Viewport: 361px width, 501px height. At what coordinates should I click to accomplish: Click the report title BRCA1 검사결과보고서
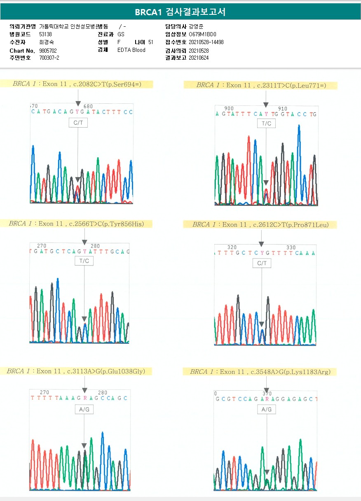[180, 12]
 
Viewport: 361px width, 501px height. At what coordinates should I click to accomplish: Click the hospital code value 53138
[45, 34]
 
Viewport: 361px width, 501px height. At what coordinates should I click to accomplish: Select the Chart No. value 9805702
[48, 50]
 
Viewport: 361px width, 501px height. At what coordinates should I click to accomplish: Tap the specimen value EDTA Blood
[131, 50]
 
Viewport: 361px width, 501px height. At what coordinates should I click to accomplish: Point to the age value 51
[151, 42]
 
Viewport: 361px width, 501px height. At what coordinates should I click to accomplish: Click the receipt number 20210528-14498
[206, 42]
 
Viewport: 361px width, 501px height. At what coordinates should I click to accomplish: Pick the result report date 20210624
[199, 58]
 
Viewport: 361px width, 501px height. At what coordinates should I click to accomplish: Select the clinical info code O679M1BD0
[202, 34]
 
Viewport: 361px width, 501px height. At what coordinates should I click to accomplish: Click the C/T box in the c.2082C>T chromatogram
[78, 123]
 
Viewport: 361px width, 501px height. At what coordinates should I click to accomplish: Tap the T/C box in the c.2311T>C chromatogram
[266, 124]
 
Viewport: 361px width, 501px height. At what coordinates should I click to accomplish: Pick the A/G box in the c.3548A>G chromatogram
[267, 410]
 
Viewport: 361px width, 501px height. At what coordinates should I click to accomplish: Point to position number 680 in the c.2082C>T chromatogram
[88, 106]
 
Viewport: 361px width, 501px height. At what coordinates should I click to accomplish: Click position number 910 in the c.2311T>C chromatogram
[283, 109]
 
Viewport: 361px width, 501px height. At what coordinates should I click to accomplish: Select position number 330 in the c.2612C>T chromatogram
[291, 247]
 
